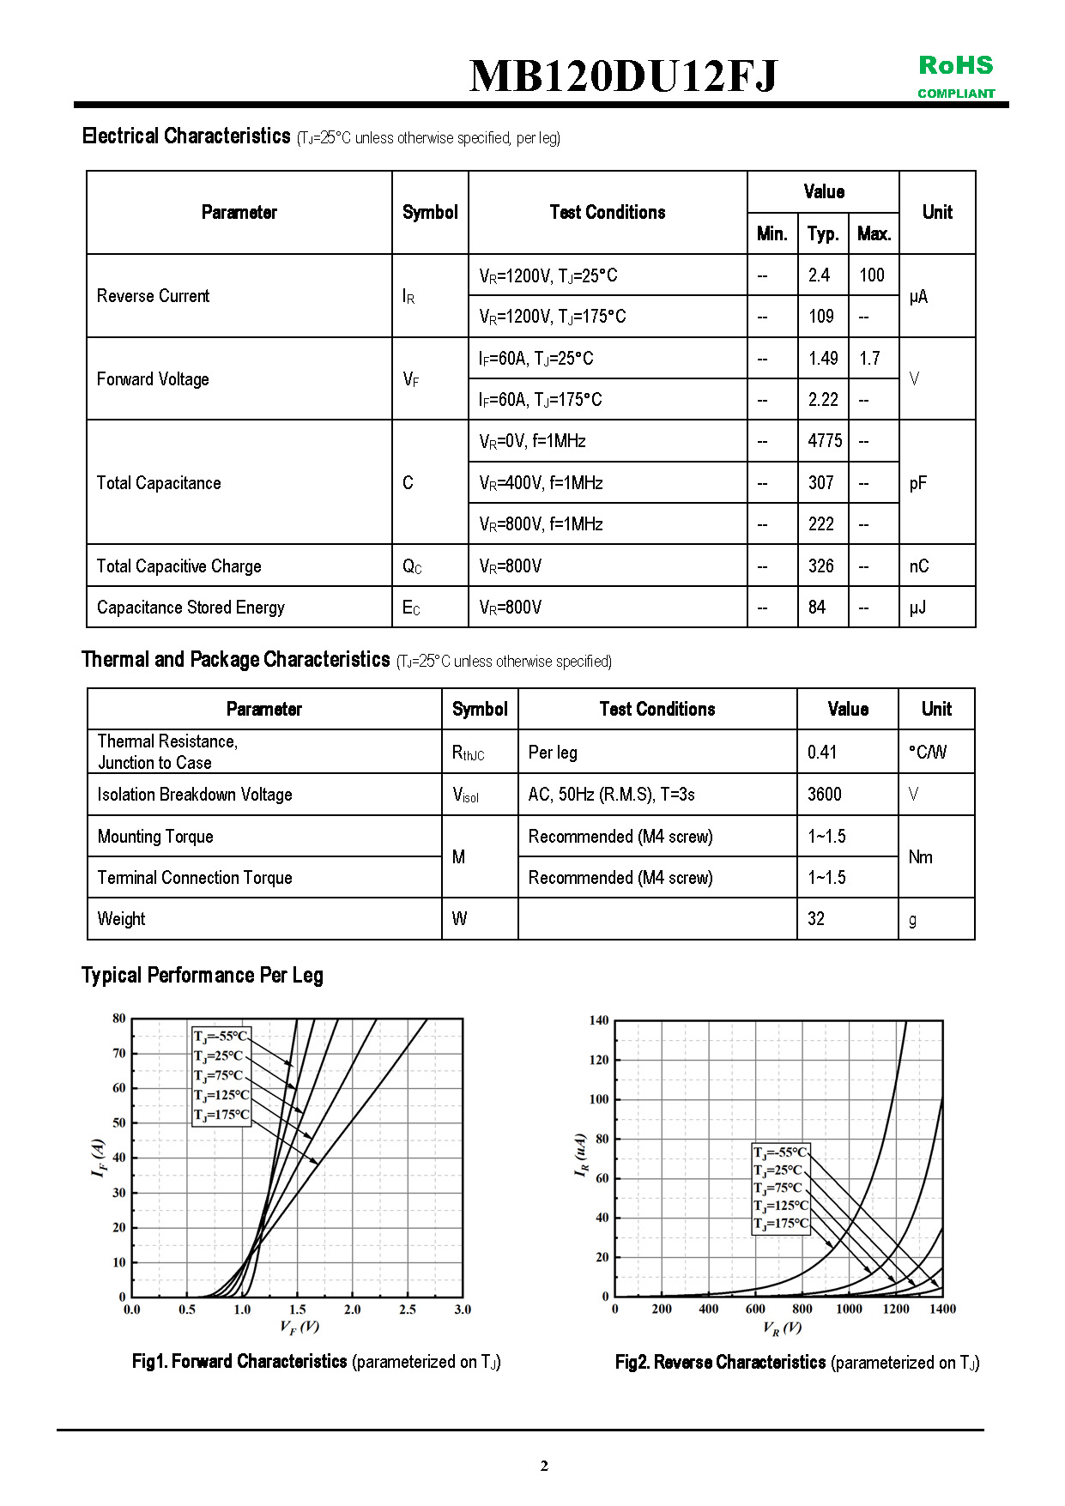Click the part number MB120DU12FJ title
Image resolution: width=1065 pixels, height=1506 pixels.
click(623, 76)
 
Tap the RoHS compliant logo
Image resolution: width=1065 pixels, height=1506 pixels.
click(956, 76)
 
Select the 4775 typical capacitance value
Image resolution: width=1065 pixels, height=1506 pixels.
click(825, 441)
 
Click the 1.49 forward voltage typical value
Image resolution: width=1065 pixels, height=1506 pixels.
click(823, 359)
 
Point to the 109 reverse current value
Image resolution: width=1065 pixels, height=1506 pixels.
click(821, 317)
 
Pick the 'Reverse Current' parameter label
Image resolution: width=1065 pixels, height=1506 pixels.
click(153, 296)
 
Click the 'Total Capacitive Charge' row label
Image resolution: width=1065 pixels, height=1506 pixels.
click(179, 566)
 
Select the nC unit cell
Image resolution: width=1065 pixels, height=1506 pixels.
click(919, 566)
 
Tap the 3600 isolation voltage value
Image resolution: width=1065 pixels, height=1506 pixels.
click(825, 795)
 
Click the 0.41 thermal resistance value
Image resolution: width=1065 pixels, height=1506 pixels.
click(822, 753)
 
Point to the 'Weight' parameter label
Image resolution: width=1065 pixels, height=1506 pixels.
click(121, 919)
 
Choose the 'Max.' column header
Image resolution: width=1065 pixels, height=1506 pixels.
click(874, 233)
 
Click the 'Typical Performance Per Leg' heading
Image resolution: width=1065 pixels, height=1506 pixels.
click(203, 976)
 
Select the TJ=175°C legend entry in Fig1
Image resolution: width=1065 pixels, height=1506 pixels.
click(221, 1115)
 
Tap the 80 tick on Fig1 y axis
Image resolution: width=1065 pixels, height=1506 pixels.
click(119, 1019)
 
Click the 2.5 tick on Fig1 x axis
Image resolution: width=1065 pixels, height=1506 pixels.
click(408, 1309)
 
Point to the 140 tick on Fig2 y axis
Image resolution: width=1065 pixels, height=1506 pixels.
click(599, 1020)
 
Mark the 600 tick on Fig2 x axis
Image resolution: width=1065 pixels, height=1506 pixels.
click(755, 1309)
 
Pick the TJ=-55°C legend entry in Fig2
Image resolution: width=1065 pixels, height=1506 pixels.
click(780, 1152)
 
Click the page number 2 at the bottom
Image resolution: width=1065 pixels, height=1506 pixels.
click(544, 1466)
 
